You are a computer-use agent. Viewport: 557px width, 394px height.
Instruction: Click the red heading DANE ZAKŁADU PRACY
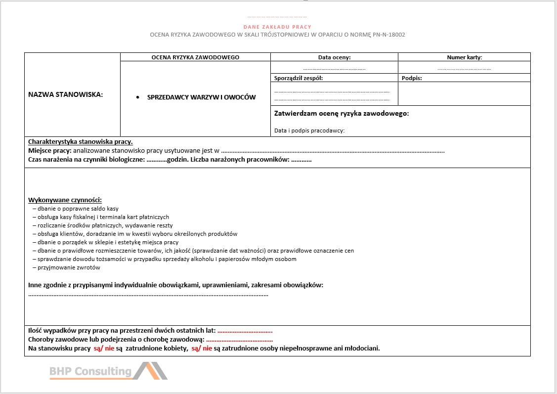coord(277,27)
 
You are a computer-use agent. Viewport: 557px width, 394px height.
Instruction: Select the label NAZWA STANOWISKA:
coord(66,95)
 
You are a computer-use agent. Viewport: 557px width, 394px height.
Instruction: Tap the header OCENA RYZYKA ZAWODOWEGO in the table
coord(195,57)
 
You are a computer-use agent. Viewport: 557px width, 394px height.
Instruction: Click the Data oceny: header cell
coord(334,57)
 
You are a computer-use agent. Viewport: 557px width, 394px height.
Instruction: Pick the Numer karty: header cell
coord(464,57)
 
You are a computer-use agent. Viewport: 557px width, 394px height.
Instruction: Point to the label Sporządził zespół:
coord(298,78)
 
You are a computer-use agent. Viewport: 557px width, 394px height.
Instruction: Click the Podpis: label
coord(412,78)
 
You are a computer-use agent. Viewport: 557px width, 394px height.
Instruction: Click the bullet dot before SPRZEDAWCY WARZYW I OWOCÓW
coord(138,97)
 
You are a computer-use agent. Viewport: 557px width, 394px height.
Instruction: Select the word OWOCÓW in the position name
coord(240,97)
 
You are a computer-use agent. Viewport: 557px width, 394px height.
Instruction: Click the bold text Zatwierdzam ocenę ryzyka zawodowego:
coord(341,114)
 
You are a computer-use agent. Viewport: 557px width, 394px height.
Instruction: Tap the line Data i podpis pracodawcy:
coord(309,131)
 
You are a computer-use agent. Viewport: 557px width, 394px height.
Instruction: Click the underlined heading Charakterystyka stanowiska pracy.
coord(80,141)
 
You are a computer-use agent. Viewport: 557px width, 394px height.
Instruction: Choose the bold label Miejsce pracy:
coord(49,150)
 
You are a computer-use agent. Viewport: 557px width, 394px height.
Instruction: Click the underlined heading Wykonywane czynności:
coord(65,200)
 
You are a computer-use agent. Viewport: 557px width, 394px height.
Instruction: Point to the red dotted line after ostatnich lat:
coord(245,331)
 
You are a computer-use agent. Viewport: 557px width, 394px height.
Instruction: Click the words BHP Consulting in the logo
coord(90,371)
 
